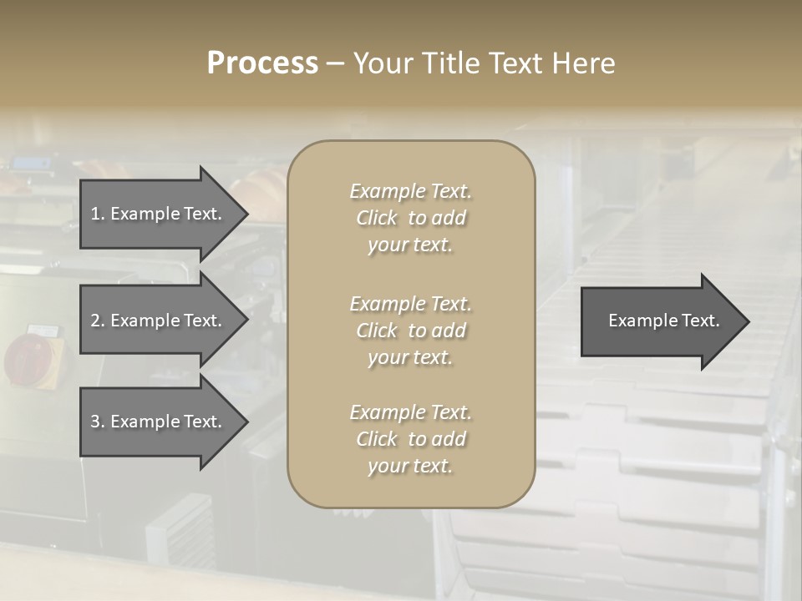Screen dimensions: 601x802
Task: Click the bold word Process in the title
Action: tap(262, 63)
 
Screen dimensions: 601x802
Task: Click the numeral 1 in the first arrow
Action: tap(95, 214)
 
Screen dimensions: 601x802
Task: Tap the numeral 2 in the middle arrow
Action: tap(95, 321)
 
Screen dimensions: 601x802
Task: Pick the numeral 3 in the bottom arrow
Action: tap(95, 422)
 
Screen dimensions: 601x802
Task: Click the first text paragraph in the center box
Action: tap(410, 218)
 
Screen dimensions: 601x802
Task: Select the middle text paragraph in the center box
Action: tap(410, 331)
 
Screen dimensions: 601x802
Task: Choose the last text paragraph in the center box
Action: tap(410, 439)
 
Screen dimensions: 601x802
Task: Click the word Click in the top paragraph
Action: tap(377, 219)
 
